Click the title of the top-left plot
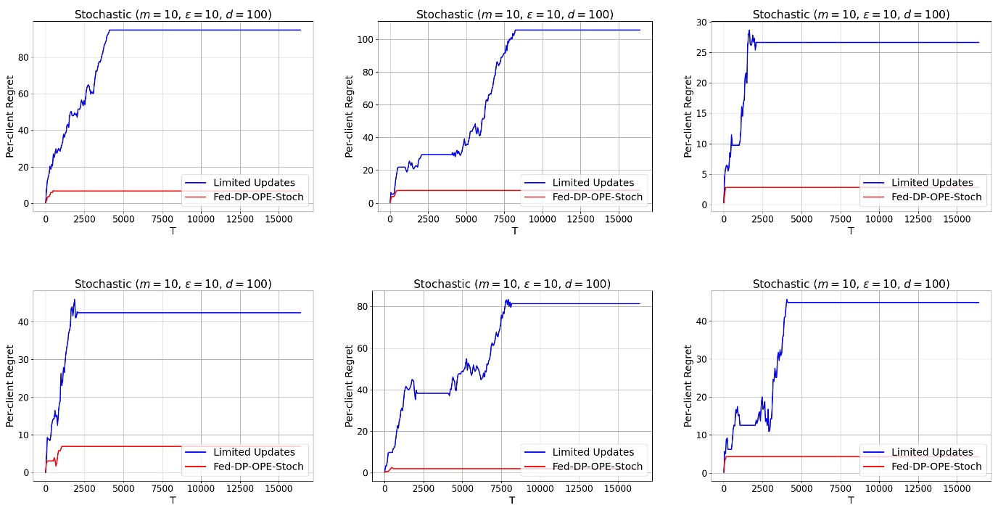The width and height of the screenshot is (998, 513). point(173,15)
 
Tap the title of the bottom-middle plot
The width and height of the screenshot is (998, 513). point(512,284)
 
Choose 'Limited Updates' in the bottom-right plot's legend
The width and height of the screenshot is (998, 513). point(932,452)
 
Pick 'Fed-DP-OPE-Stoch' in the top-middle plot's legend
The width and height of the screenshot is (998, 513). point(598,197)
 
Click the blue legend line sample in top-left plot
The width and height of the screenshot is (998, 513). point(196,182)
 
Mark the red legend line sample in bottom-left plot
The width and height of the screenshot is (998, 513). point(196,466)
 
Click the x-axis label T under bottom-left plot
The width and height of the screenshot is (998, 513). point(173,500)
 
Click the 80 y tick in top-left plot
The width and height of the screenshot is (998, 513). point(23,57)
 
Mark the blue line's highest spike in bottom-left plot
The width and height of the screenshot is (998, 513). point(74,300)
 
